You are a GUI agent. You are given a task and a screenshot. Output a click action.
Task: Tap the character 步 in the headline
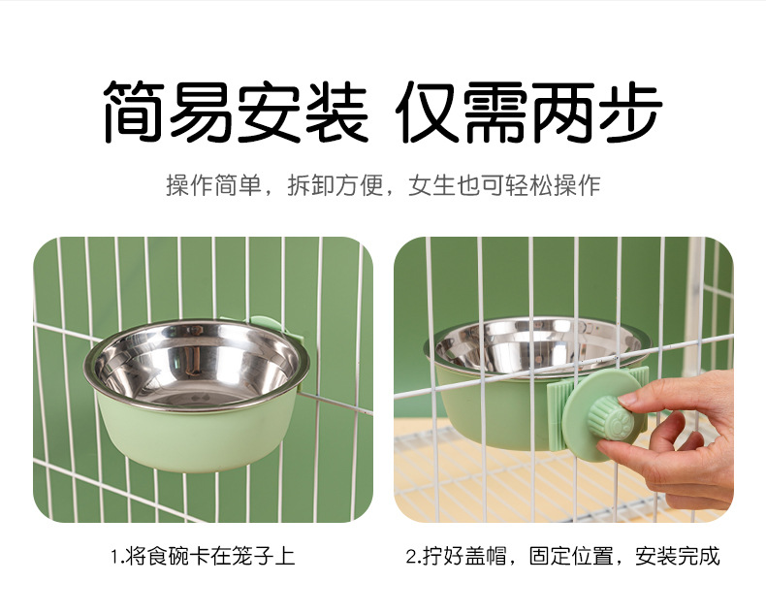(629, 113)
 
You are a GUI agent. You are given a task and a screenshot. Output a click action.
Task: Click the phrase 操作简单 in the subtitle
(214, 186)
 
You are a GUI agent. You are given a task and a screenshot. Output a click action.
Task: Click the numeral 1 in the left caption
(112, 557)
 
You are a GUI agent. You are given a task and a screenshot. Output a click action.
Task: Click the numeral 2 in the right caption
(411, 557)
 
